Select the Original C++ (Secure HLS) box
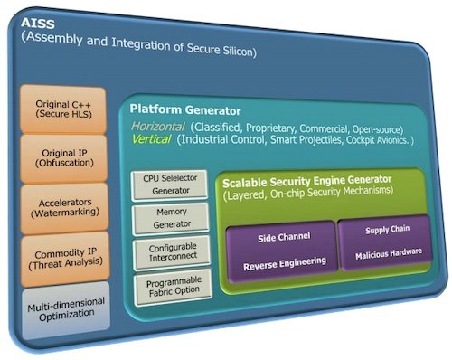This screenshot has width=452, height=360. pos(60,108)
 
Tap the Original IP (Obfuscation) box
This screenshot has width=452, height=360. pos(60,153)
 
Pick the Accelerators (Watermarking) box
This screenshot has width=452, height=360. pos(60,200)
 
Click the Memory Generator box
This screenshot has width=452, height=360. pos(170,218)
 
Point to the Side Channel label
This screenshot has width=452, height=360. pos(284,236)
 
